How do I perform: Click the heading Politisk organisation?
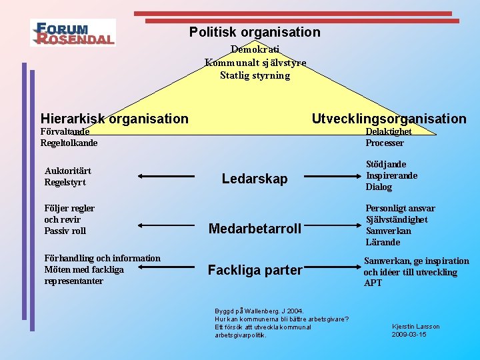(x=255, y=32)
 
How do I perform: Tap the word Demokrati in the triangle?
(x=255, y=49)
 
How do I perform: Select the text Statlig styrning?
(x=255, y=75)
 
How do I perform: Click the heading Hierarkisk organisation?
(x=115, y=119)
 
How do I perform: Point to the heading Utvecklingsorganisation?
(x=389, y=119)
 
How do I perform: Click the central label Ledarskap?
(x=255, y=179)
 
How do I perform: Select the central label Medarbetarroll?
(x=255, y=229)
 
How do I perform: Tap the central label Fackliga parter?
(x=255, y=270)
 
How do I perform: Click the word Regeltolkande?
(x=69, y=143)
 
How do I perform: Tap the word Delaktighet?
(x=389, y=131)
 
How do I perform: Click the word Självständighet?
(x=397, y=219)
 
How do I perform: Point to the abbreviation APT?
(x=373, y=283)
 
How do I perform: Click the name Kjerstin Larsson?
(x=416, y=327)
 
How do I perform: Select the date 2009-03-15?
(x=409, y=335)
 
